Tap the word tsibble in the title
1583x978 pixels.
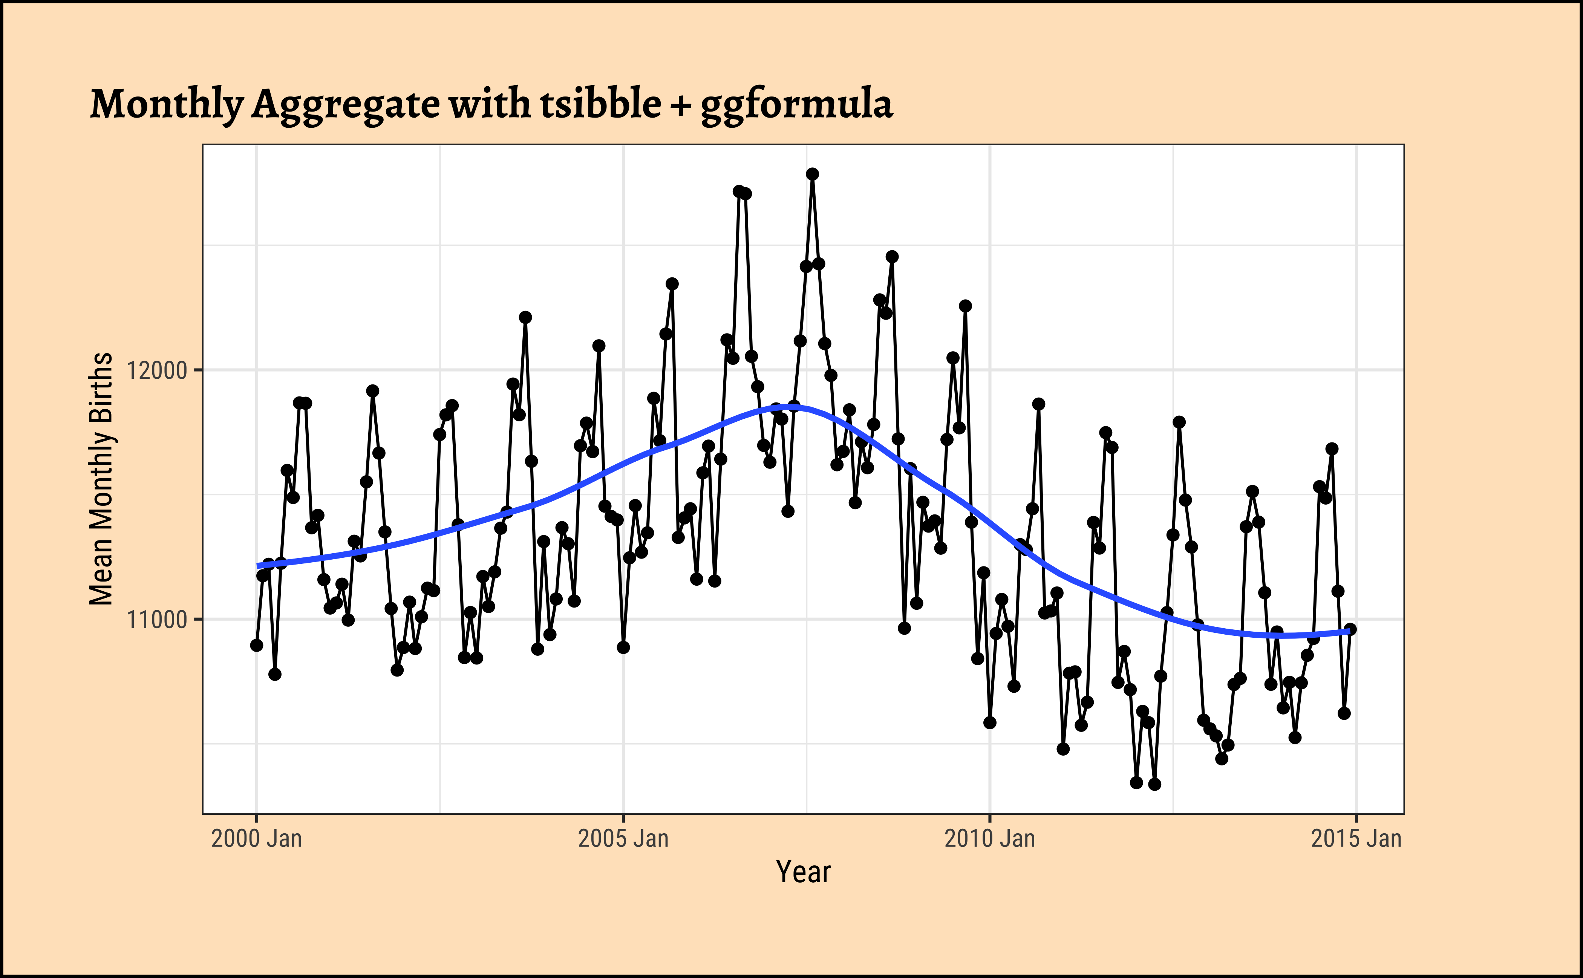tap(601, 104)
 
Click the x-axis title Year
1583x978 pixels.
tap(803, 872)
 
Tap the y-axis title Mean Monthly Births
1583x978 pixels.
tap(101, 479)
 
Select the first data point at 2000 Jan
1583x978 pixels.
tap(257, 646)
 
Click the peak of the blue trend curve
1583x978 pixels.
tap(786, 406)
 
